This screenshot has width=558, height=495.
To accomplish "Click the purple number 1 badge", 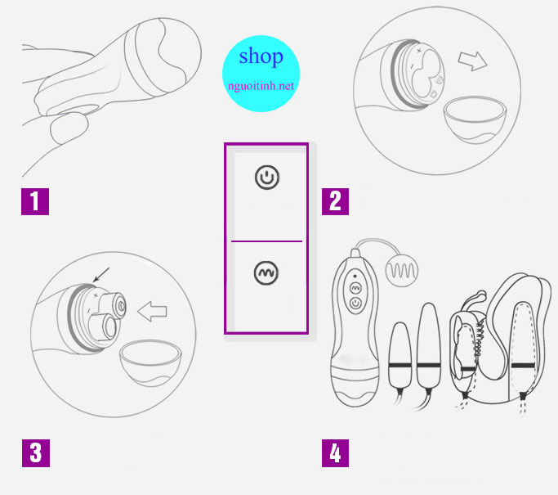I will pos(35,200).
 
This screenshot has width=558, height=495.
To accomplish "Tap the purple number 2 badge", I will pos(334,200).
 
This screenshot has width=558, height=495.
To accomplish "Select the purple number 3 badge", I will pos(35,452).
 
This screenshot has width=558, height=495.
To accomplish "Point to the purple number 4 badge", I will pos(334,452).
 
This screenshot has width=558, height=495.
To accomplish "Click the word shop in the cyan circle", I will pos(261,56).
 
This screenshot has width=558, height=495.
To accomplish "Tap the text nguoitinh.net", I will pos(261,83).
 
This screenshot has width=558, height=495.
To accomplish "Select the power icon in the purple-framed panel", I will pos(267,177).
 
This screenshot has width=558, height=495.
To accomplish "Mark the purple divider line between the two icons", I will pos(267,241).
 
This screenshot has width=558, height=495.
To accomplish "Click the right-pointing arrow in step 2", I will pos(470,61).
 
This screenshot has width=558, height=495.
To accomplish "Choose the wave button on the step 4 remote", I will pos(355,288).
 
